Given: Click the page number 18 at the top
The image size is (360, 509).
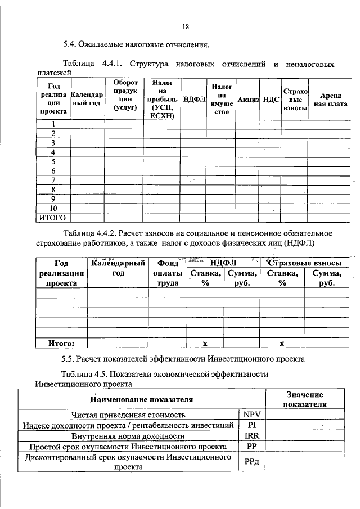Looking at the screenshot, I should (186, 26).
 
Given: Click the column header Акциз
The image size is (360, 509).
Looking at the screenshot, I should (247, 99).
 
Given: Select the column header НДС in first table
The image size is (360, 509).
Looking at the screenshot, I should (271, 99).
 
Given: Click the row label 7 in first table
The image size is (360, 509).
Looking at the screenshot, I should (53, 180).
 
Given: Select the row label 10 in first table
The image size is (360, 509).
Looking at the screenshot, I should (53, 208).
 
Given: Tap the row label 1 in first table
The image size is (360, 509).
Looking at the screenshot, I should (53, 124).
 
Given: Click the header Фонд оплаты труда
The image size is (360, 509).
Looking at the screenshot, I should (167, 273).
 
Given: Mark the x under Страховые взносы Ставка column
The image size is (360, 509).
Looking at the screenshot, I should (282, 343).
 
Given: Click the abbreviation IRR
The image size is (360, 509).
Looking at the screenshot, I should (251, 435).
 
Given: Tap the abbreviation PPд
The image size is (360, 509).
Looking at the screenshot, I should (251, 462).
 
